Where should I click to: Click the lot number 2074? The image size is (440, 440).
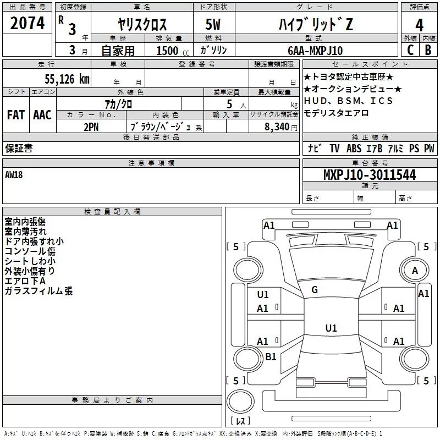[27, 23]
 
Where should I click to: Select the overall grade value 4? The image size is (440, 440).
[419, 25]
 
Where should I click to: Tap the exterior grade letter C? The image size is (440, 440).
[410, 50]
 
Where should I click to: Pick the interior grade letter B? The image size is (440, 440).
[428, 50]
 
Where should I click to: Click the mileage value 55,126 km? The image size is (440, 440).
[67, 79]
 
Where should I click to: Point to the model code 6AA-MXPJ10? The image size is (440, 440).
[315, 51]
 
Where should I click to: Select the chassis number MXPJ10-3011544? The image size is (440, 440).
[370, 175]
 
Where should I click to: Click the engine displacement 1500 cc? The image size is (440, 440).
[173, 51]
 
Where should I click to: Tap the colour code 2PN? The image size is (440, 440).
[91, 127]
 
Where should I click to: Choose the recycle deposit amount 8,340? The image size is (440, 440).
[277, 127]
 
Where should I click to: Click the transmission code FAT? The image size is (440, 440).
[16, 115]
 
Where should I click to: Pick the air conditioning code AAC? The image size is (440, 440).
[42, 115]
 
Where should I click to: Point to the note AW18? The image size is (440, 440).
[14, 175]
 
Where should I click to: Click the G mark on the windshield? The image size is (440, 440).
[315, 290]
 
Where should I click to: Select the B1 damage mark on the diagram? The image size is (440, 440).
[271, 356]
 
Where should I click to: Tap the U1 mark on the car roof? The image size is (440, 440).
[331, 328]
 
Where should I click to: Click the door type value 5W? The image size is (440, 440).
[213, 24]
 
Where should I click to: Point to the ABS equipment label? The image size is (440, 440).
[354, 148]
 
